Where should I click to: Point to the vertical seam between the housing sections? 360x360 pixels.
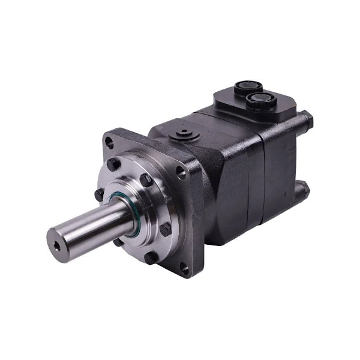click(259, 174)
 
